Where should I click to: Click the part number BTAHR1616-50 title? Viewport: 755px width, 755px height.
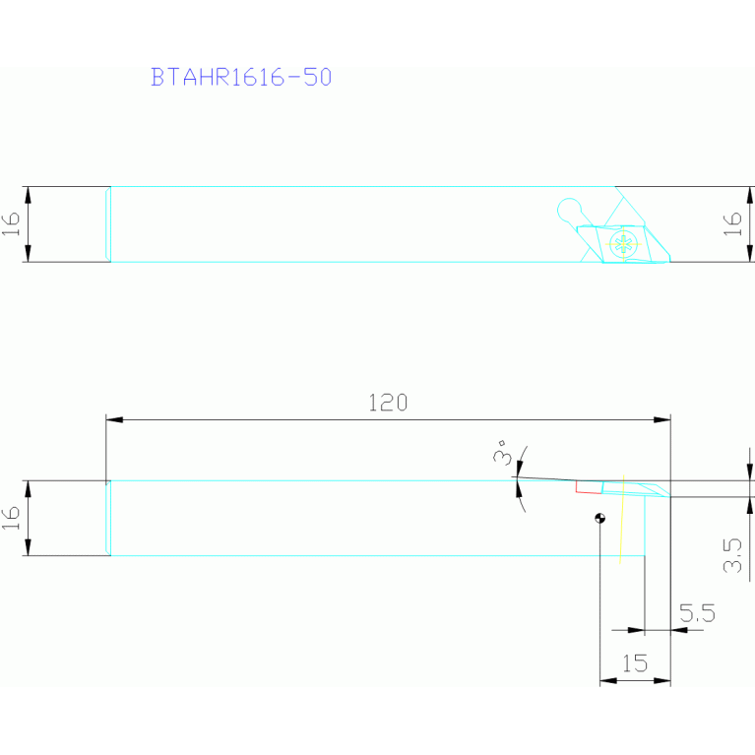coord(240,78)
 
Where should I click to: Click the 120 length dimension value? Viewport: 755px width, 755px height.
coord(387,403)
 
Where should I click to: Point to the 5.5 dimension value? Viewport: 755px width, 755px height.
coord(696,614)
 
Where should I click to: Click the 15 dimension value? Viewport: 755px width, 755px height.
coord(635,663)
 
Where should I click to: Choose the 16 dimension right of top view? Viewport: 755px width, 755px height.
coord(733,224)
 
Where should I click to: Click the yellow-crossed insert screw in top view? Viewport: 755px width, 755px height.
coord(621,244)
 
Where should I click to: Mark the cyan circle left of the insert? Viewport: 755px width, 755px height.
coord(568,209)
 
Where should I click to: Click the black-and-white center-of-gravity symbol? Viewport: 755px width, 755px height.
coord(600,518)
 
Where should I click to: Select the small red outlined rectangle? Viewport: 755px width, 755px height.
coord(588,486)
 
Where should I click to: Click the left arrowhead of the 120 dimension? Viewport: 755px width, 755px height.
coord(113,419)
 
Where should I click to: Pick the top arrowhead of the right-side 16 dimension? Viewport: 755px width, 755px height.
coord(745,193)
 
